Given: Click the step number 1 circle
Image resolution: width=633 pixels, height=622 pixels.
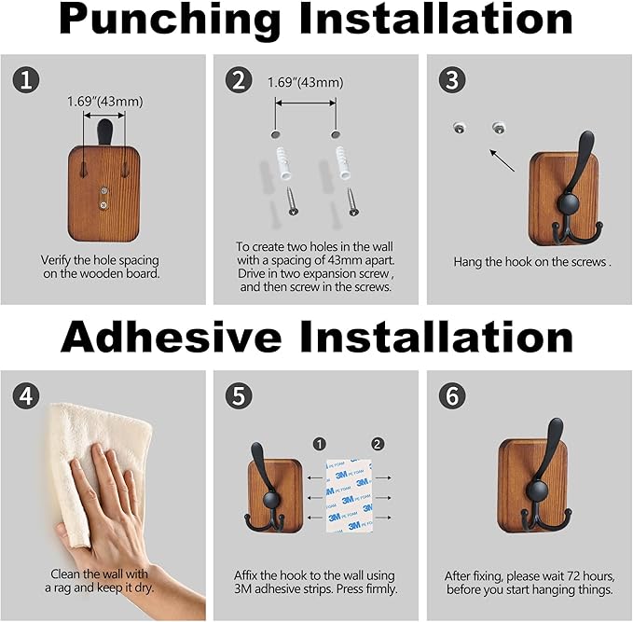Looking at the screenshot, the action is (26, 79).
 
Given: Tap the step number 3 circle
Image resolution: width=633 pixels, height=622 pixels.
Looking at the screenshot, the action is (452, 79).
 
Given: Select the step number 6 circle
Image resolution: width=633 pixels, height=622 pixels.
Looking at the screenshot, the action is (452, 395).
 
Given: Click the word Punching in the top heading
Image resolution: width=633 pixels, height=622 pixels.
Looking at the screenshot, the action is (170, 21).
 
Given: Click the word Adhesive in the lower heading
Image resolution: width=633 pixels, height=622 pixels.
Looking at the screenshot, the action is (171, 337).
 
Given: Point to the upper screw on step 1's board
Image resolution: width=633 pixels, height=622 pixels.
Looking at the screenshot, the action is (104, 190).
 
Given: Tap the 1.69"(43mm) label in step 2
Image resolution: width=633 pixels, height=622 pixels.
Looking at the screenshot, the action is (305, 82).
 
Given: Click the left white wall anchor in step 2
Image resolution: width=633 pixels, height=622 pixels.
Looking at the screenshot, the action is (283, 163).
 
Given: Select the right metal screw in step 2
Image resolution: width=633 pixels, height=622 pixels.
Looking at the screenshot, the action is (352, 202).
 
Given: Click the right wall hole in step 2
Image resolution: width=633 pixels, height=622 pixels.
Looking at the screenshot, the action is (335, 134).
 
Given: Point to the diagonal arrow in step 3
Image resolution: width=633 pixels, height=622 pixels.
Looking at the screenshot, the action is (502, 160).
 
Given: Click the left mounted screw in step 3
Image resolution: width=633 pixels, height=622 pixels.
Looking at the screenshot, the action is (459, 128).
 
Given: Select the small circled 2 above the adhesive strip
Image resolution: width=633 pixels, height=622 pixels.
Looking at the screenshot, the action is (377, 444).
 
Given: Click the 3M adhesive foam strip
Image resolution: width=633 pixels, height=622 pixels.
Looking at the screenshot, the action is (350, 495).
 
